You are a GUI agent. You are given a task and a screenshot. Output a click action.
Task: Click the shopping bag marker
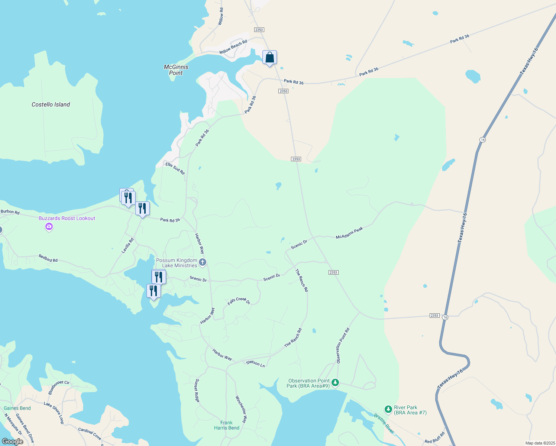coord(269,58)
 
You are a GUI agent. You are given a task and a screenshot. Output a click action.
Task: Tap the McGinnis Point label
coord(176,70)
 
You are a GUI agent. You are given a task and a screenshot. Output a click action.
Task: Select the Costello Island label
coord(51,104)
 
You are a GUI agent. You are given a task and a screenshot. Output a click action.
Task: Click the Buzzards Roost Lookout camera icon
coord(49,226)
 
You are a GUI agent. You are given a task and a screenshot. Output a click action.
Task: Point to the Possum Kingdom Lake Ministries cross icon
coord(203,262)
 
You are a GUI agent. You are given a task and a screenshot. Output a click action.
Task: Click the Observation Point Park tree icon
coord(335,382)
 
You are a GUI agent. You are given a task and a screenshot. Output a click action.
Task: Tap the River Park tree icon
coord(388,409)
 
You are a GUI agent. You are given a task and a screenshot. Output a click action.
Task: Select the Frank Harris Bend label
coord(226,425)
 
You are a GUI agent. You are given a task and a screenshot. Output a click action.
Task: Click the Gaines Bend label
coord(17,408)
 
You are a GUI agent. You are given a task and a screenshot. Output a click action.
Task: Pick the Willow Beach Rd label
coord(233,47)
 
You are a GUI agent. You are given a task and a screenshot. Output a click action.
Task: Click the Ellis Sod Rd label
coord(175,168)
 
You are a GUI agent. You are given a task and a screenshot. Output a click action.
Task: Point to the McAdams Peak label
coord(349,233)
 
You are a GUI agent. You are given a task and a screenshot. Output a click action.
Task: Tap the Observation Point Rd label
coord(343,346)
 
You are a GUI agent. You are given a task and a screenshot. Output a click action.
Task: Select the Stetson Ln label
coord(255,363)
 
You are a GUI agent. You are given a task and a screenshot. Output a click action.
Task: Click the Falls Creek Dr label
coord(239,301)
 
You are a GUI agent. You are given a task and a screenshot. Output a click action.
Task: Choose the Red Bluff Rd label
coord(434,438)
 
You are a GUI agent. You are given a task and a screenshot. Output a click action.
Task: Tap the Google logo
coord(13,441)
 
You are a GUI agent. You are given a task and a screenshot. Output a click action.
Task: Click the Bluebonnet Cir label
coord(59,387)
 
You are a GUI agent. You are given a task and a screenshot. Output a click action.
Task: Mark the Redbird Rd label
coord(48,258)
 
